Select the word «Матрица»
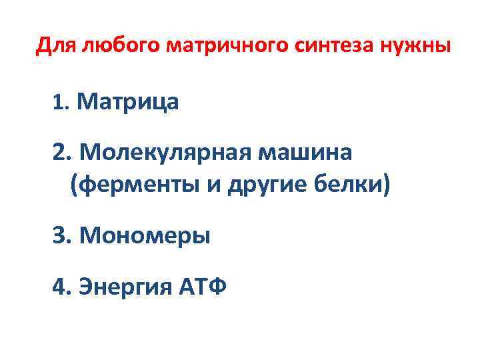(128, 102)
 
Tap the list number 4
(61, 287)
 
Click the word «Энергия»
(125, 288)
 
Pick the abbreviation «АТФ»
(203, 287)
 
